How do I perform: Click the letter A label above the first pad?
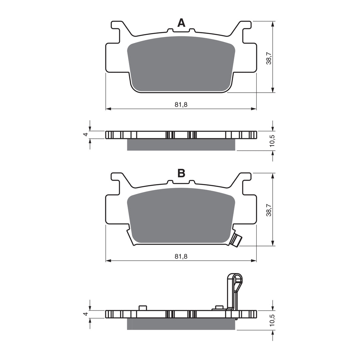point(181,23)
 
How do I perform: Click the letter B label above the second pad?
point(181,173)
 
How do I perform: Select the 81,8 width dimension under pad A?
point(181,104)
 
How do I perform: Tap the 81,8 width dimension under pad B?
point(181,256)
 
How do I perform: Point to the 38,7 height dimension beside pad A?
point(269,58)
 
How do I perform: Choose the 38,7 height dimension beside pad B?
point(269,210)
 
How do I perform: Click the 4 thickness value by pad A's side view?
point(86,135)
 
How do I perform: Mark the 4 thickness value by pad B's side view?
point(86,314)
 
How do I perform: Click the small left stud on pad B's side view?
point(142,308)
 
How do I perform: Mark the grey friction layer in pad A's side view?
point(181,145)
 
